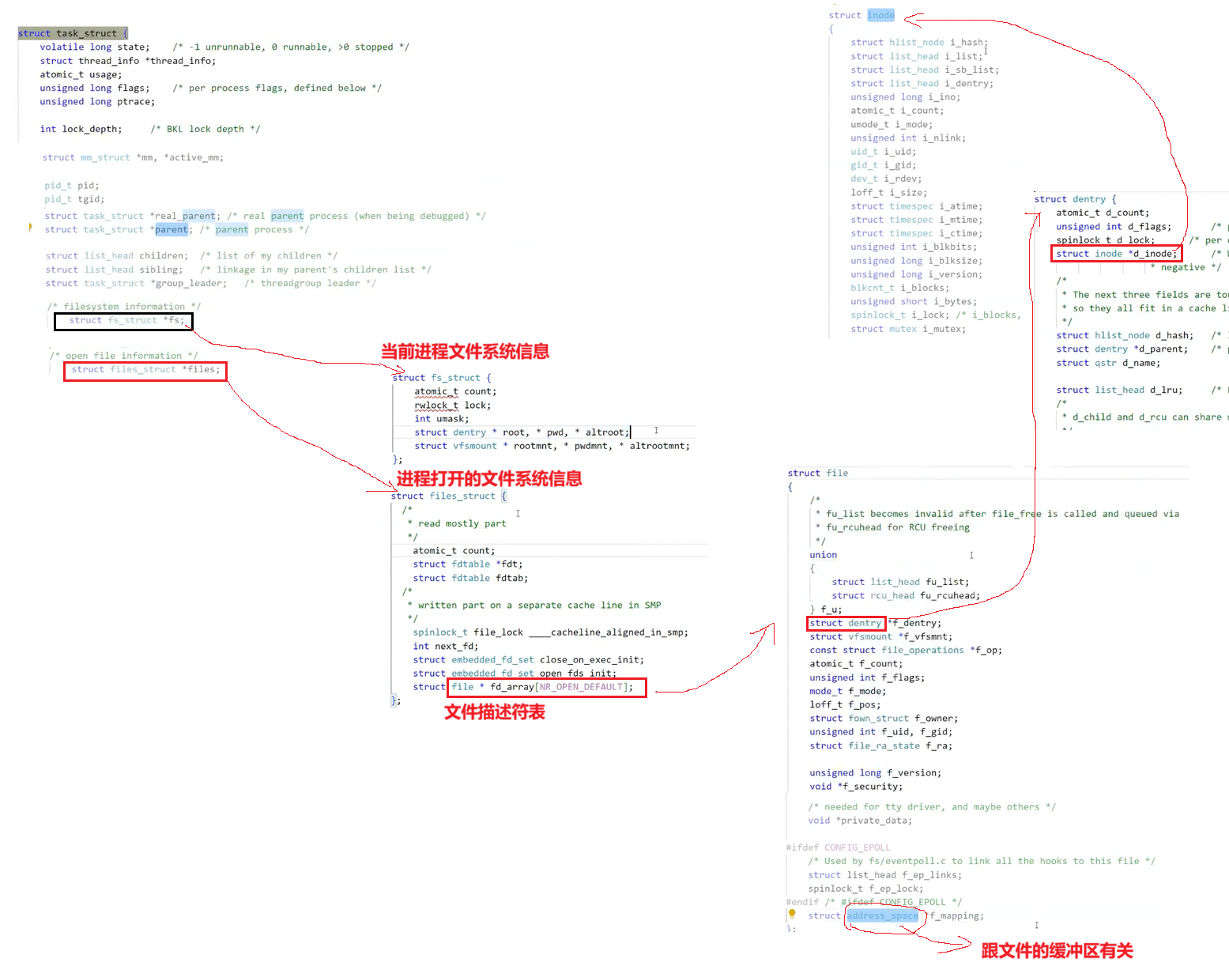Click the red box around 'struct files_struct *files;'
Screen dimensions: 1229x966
click(x=145, y=370)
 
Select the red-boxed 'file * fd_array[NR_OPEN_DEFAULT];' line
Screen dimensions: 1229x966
click(x=546, y=687)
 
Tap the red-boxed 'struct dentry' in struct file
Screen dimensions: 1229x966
click(x=846, y=623)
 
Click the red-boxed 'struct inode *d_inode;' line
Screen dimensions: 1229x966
click(x=1116, y=254)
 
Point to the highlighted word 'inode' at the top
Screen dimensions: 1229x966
click(x=880, y=15)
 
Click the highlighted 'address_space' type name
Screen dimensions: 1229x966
click(x=883, y=916)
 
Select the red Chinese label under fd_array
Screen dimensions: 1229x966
click(x=495, y=712)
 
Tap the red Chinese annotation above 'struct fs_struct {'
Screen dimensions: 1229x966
click(x=465, y=352)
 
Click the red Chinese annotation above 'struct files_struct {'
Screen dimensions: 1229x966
click(x=489, y=478)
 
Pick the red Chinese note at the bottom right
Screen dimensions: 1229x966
click(x=1057, y=951)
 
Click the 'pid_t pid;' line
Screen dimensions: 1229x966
click(x=72, y=186)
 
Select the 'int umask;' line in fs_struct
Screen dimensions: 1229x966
click(x=441, y=419)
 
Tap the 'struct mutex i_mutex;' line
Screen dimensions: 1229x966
click(x=908, y=329)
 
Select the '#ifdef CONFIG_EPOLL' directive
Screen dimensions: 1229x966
click(x=839, y=847)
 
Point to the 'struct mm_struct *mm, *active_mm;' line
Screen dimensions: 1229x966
click(x=133, y=157)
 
